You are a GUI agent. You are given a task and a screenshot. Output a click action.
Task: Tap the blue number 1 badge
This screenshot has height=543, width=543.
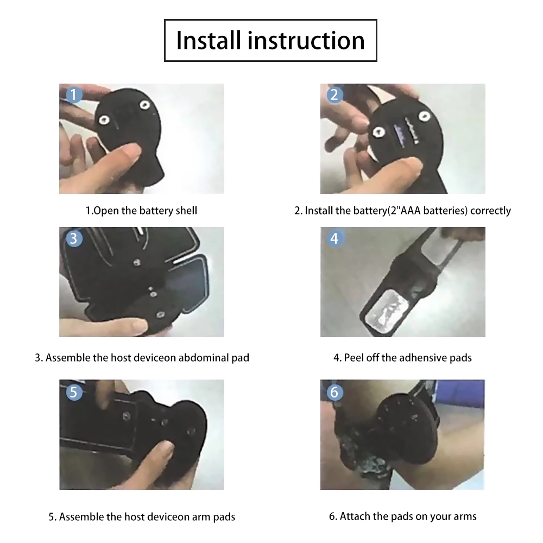[x=74, y=96]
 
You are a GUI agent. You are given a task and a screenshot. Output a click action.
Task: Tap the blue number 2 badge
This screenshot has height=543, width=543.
[x=334, y=96]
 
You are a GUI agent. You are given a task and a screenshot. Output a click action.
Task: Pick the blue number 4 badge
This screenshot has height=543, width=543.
[x=334, y=238]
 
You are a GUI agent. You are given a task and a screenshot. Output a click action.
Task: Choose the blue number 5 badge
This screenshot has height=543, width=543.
[x=74, y=392]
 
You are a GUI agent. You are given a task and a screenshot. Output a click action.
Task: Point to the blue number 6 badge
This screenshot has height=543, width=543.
[x=334, y=392]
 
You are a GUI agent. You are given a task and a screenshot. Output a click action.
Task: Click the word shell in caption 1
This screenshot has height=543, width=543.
[x=185, y=211]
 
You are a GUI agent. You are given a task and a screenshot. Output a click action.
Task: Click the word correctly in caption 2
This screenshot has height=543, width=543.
[x=490, y=211]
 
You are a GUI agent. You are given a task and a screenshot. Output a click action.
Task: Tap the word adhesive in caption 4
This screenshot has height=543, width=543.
[x=421, y=358]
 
